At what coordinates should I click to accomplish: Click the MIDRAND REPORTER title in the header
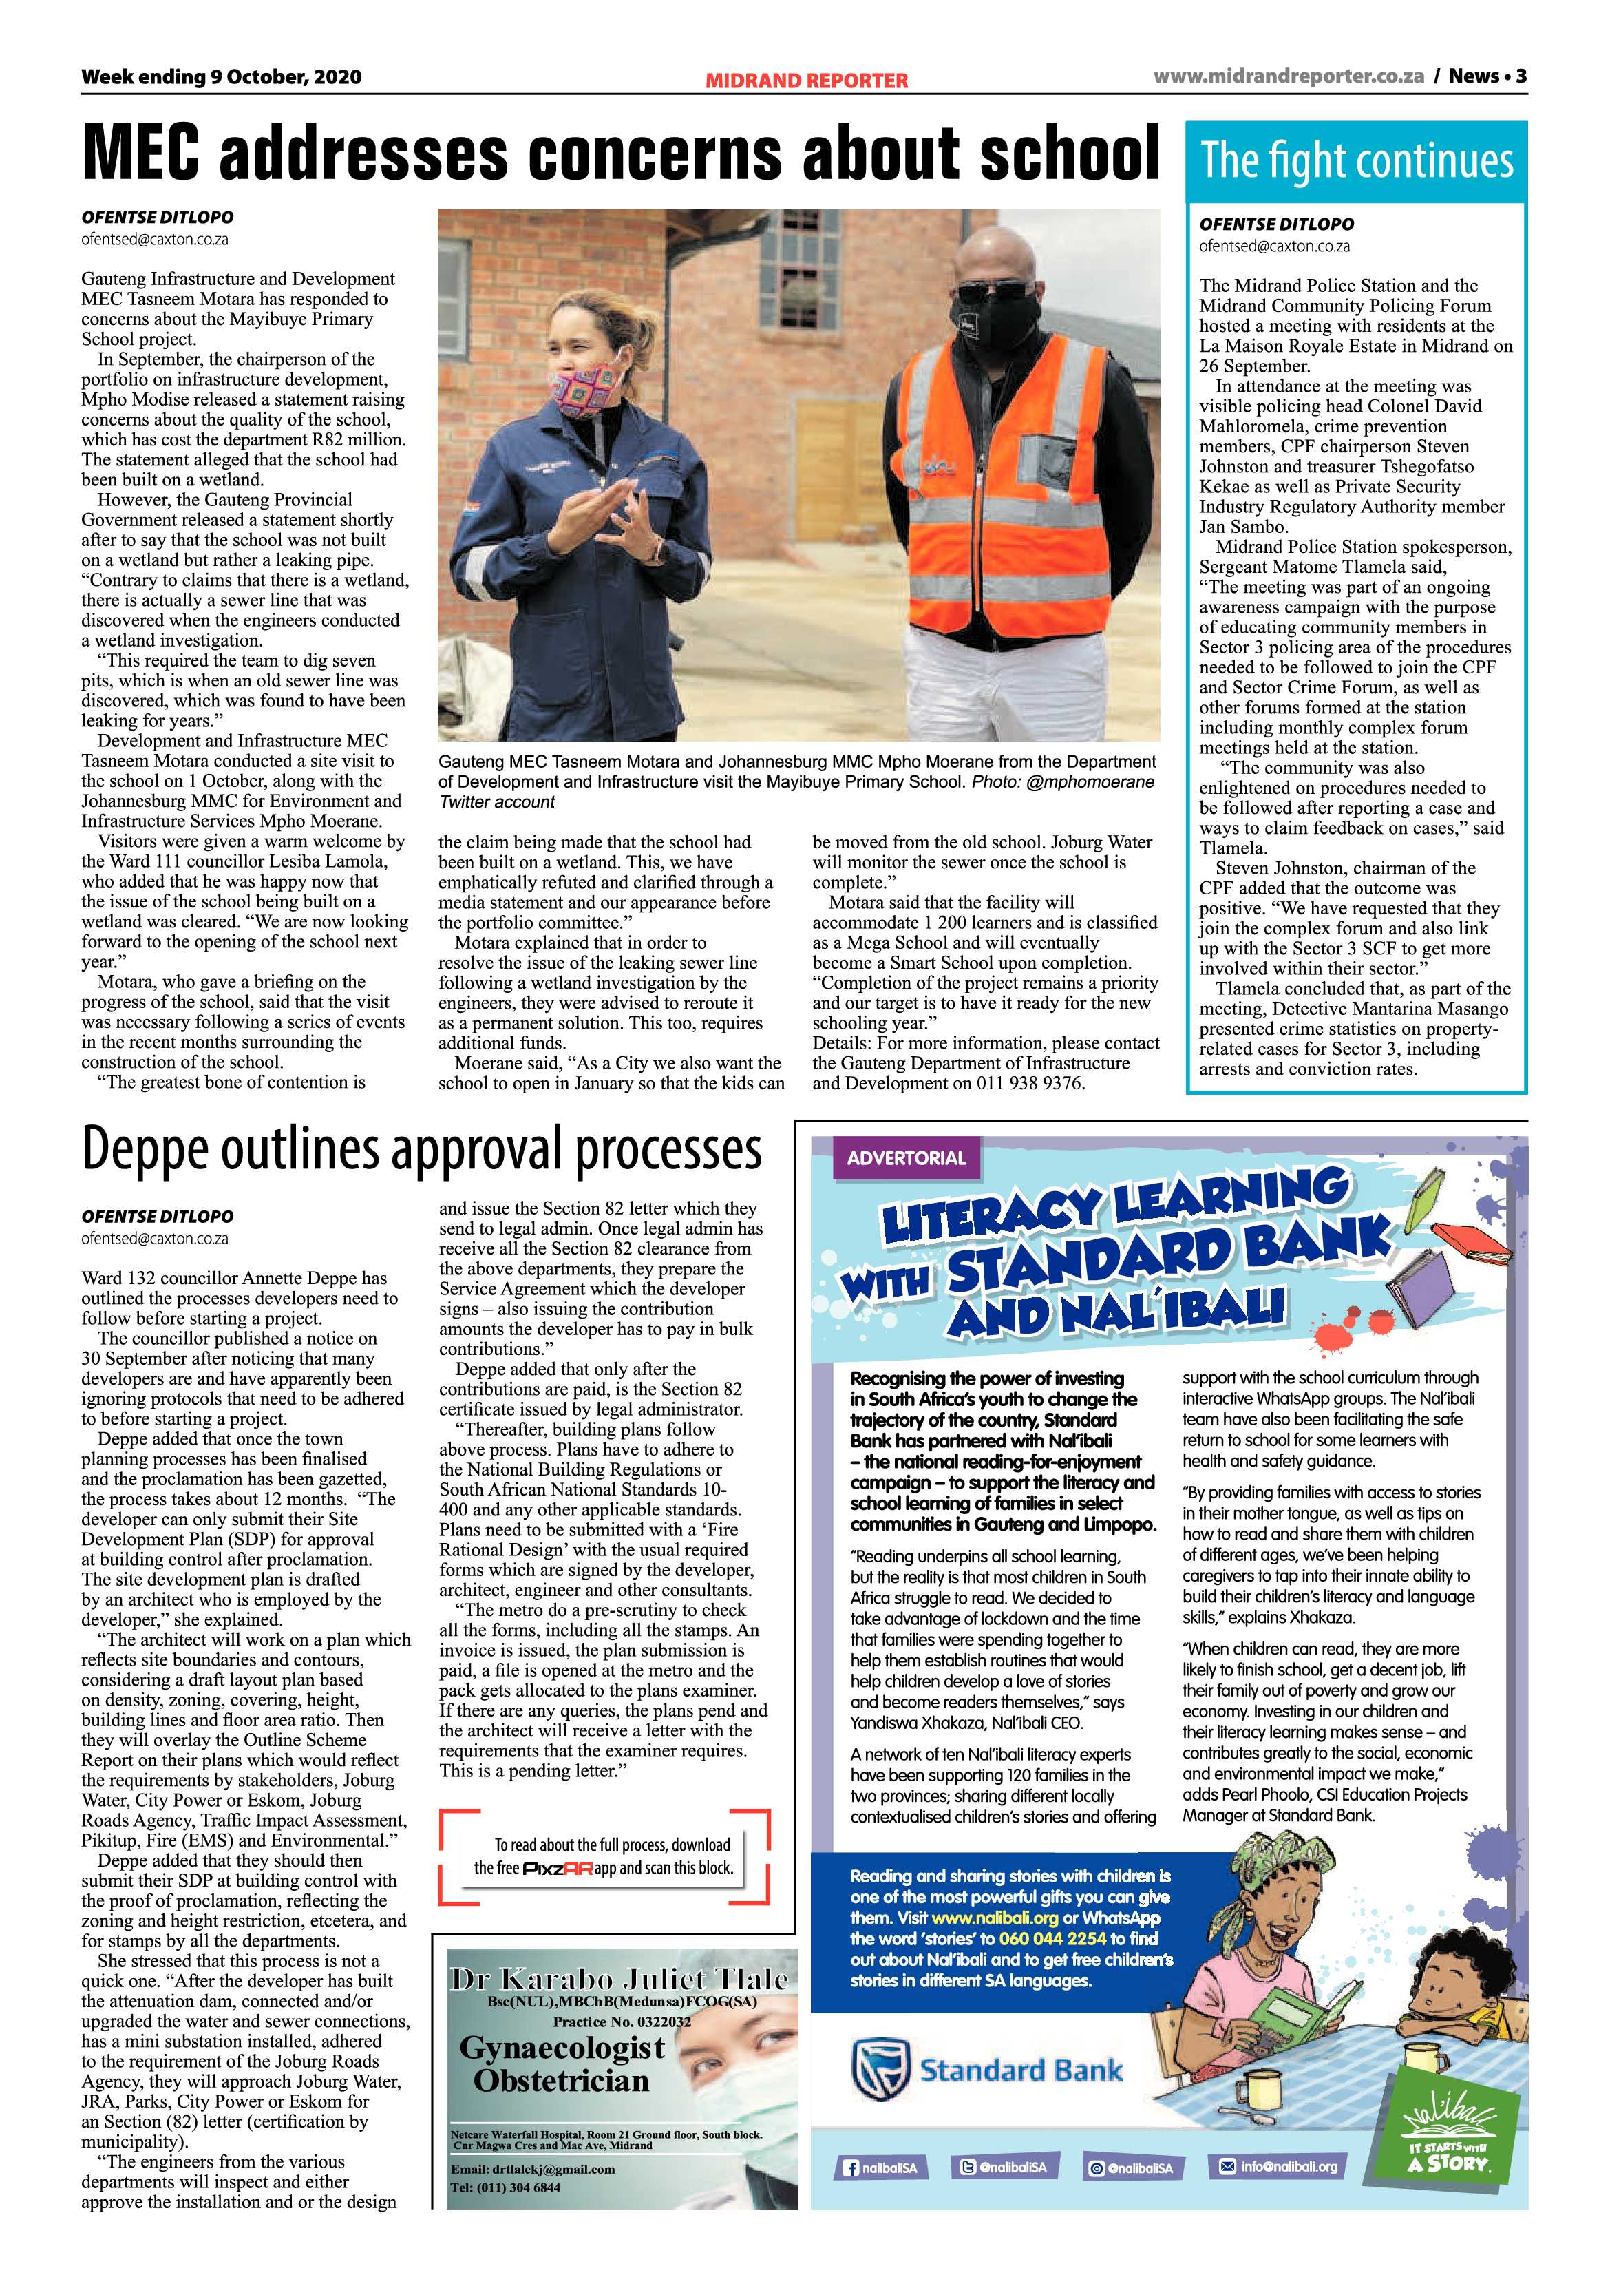click(806, 81)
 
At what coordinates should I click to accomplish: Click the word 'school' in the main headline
click(1069, 154)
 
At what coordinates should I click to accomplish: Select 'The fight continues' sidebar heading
click(1356, 160)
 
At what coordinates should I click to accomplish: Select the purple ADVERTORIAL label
click(905, 1157)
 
